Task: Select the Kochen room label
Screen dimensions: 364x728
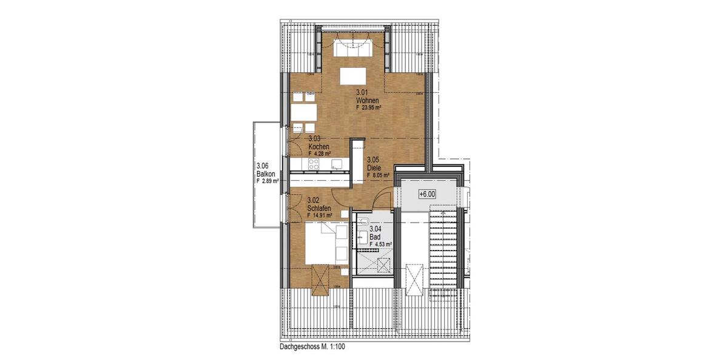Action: (x=318, y=147)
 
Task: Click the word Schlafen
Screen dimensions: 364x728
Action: (x=320, y=207)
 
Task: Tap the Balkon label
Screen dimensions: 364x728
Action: (x=266, y=174)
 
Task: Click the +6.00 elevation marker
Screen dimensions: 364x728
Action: (x=427, y=194)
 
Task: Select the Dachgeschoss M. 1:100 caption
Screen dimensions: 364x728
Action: (x=313, y=348)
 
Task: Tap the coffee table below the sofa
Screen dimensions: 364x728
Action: (x=352, y=76)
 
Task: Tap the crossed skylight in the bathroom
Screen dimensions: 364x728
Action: (x=383, y=264)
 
